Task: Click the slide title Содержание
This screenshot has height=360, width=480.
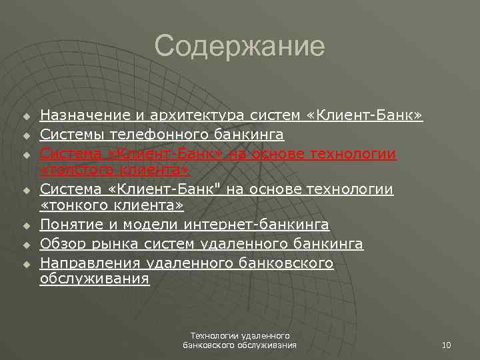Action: [x=239, y=47]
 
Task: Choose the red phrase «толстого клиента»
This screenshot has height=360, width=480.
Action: [x=115, y=171]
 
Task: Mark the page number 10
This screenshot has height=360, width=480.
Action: [x=446, y=345]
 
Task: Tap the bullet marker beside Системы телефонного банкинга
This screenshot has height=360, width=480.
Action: [x=27, y=136]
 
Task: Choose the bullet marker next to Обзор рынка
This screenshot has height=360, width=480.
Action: [x=27, y=245]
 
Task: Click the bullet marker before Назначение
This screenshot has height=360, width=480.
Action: [x=27, y=117]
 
